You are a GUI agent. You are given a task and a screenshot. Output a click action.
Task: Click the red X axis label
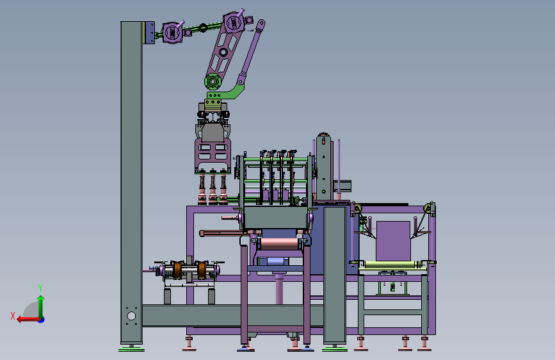coord(13,316)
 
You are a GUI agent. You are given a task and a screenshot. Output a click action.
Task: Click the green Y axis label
coord(40,288)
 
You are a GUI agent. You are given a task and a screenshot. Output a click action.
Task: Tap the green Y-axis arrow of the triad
coord(41,306)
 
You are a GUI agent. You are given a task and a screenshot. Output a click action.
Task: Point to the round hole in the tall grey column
coord(131,316)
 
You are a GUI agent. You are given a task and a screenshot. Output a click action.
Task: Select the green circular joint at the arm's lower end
coord(213,82)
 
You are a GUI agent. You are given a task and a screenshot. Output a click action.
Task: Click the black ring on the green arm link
coord(203,28)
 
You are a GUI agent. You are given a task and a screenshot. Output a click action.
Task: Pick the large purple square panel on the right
coord(393,241)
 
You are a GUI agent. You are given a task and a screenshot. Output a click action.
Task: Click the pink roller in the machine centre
coord(279,244)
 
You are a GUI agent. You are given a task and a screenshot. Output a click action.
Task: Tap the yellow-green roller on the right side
coord(391,265)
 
